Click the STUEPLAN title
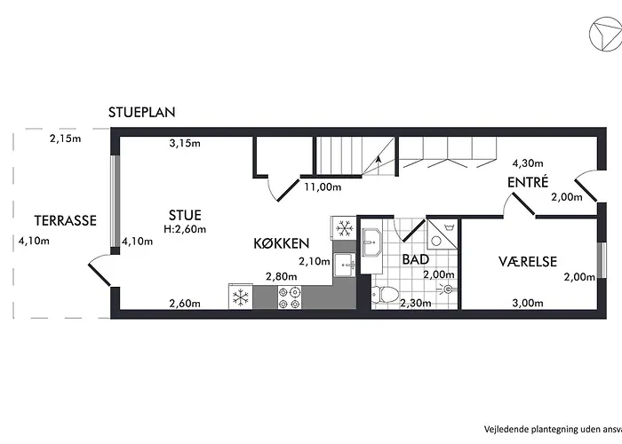(x=142, y=113)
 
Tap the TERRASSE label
(x=65, y=221)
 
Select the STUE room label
(x=185, y=215)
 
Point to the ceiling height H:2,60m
(x=185, y=229)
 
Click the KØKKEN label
(x=281, y=242)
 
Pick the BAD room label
(x=416, y=260)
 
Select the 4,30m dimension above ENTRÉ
(x=528, y=163)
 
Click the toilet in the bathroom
(x=387, y=295)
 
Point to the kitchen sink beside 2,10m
(x=345, y=263)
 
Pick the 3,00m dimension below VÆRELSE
(x=527, y=304)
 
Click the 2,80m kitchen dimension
(x=282, y=277)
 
